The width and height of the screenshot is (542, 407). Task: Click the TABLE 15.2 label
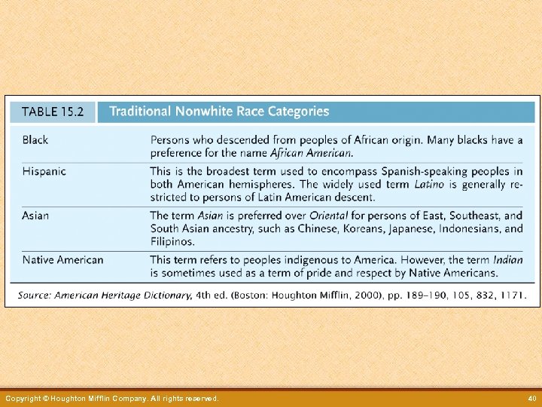click(x=52, y=112)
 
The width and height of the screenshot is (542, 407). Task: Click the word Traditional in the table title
click(x=141, y=112)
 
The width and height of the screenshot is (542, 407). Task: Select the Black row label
click(x=35, y=140)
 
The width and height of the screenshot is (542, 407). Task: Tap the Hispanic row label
click(x=44, y=171)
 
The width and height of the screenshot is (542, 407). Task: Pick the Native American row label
click(x=63, y=260)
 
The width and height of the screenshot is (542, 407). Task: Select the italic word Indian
click(x=508, y=260)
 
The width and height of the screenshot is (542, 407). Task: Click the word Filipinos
click(x=172, y=242)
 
